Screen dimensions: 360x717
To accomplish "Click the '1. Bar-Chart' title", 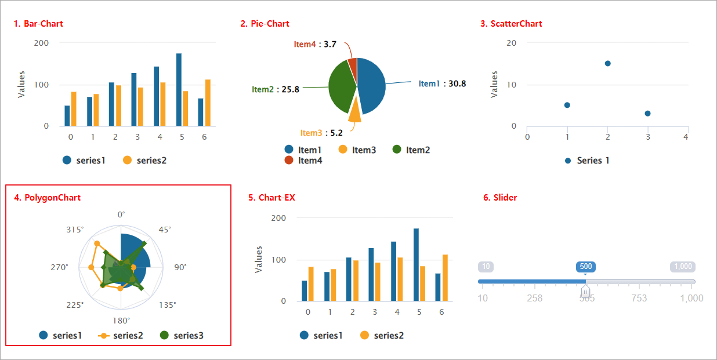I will click(38, 24).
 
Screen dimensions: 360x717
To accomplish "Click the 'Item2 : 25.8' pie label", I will click(276, 89).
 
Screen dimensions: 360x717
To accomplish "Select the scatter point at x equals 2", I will click(607, 63).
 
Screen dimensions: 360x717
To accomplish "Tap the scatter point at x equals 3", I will click(647, 114).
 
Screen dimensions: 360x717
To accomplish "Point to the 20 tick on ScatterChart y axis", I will click(511, 43).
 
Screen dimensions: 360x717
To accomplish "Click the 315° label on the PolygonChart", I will click(75, 230).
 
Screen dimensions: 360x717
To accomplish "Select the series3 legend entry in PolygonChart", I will click(182, 335).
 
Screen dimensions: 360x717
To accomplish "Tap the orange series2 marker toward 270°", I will click(91, 267).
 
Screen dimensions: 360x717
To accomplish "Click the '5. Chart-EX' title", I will click(271, 198).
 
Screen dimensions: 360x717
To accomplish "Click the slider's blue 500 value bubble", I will click(586, 267).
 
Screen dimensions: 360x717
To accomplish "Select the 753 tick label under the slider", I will click(639, 298).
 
